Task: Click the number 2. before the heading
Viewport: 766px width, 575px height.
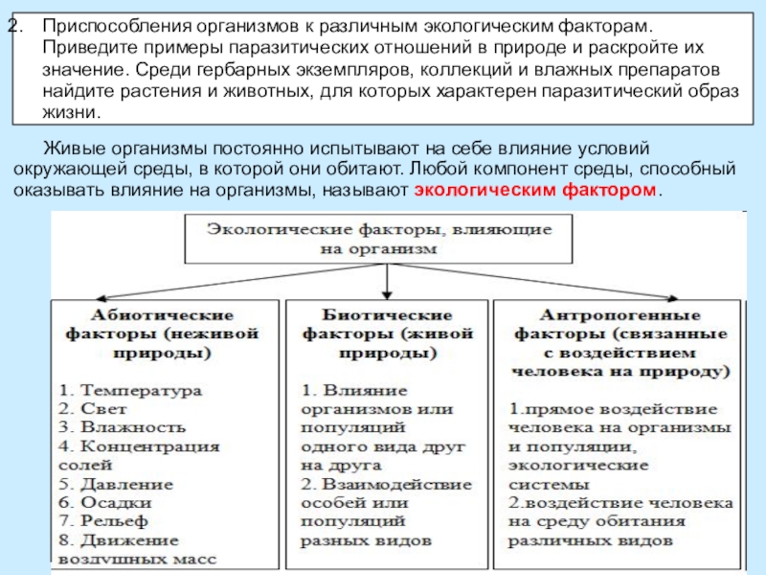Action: [x=14, y=21]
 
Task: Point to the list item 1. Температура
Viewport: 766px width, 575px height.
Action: [x=129, y=391]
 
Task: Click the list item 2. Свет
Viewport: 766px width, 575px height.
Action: [x=101, y=409]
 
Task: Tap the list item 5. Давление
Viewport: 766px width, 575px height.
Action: [x=117, y=483]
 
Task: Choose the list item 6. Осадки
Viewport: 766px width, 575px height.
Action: [x=107, y=501]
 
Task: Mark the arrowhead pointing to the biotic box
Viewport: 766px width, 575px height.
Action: [x=385, y=293]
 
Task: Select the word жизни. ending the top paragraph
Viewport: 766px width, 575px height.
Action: [x=71, y=112]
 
